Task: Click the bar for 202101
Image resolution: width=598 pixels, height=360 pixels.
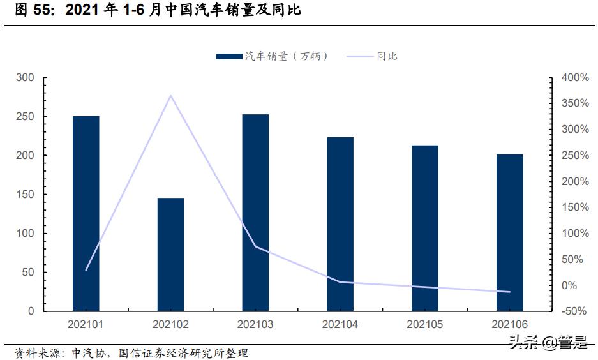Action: coord(86,214)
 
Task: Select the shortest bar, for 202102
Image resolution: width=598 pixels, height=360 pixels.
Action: coord(170,255)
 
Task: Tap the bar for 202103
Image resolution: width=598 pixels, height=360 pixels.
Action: coord(255,213)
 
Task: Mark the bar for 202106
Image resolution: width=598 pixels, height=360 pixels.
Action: coord(509,233)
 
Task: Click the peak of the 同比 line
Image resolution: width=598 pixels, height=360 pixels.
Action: coord(170,96)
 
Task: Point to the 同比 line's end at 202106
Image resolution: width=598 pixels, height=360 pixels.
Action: coord(509,292)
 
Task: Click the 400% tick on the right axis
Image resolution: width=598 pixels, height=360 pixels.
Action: coord(574,78)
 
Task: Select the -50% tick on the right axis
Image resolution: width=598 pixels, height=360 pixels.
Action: coord(574,311)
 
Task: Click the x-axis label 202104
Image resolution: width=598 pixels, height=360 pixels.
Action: coord(340,325)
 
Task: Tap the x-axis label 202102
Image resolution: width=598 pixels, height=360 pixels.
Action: coord(170,325)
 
